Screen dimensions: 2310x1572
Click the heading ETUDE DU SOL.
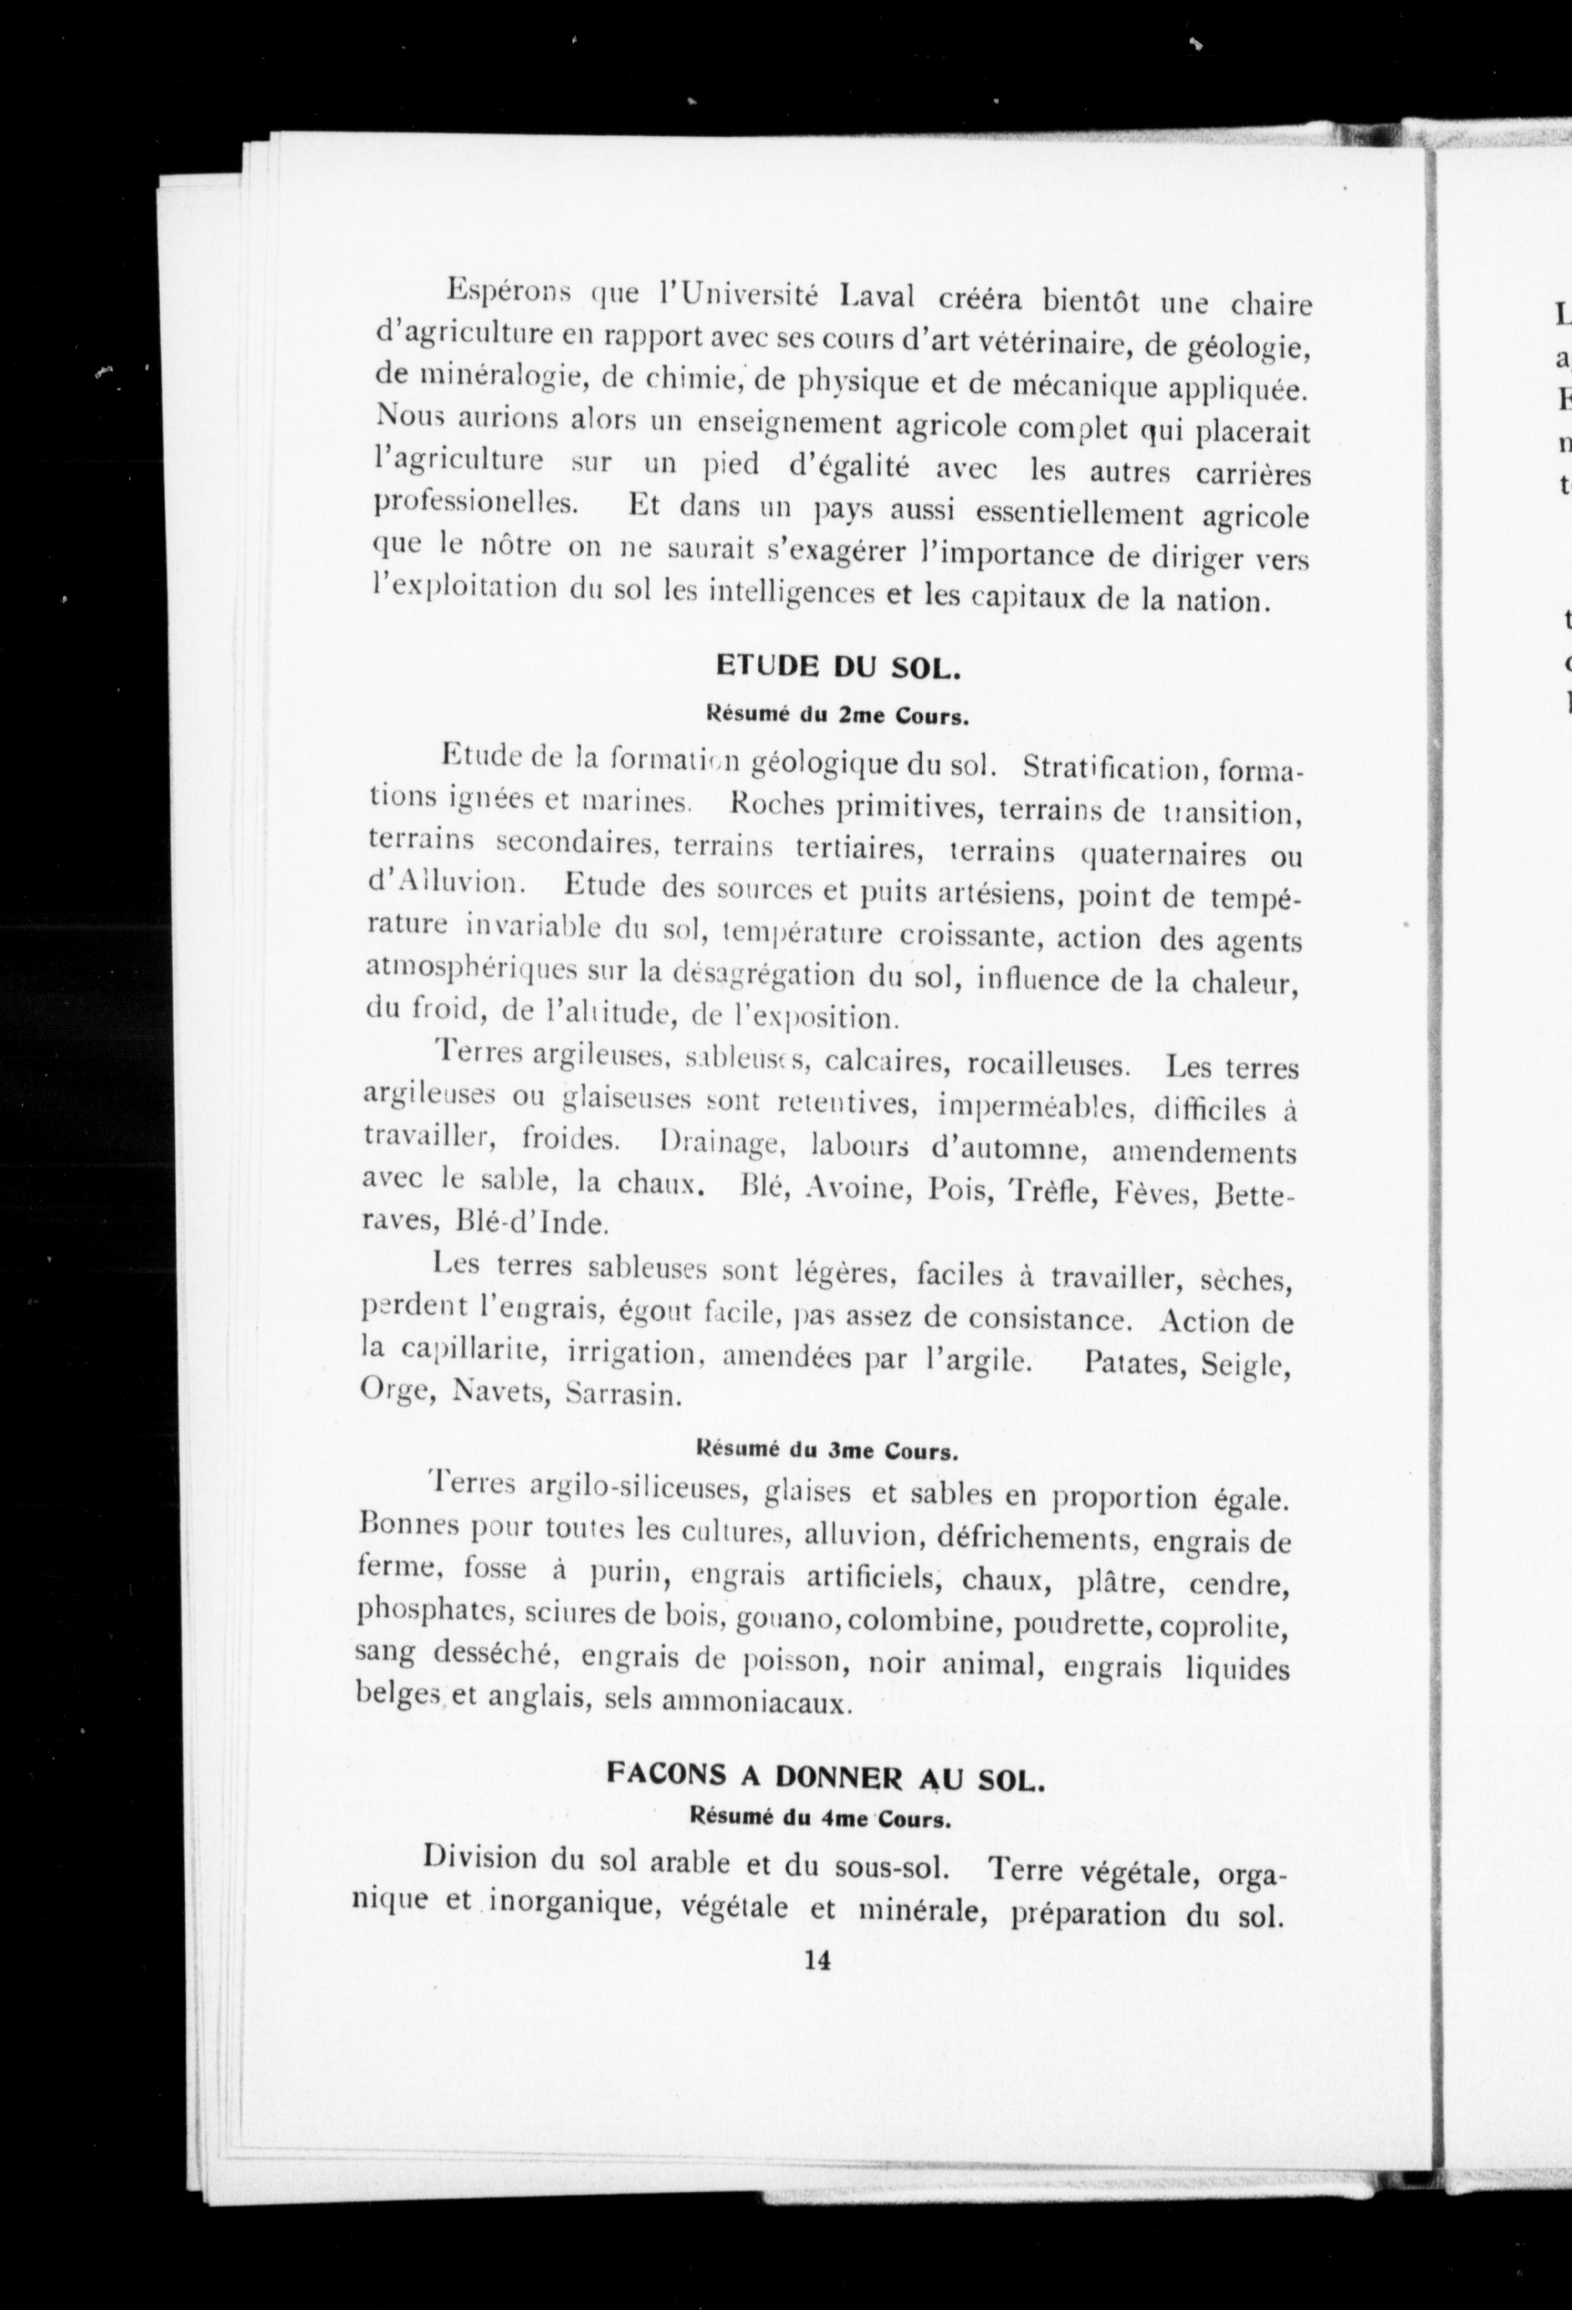837,667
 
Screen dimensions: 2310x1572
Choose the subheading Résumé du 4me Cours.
822,1819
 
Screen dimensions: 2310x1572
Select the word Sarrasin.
622,1395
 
